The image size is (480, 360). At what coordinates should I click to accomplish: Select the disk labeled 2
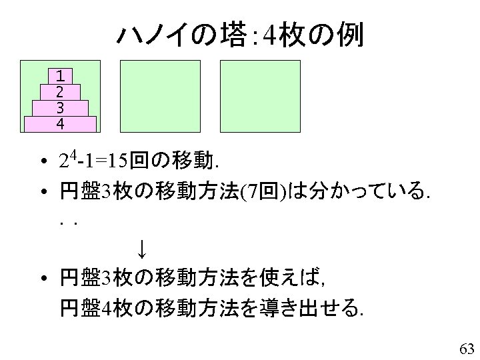(60, 91)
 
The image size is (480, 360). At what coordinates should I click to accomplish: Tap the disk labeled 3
(60, 108)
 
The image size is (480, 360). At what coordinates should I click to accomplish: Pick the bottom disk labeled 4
(60, 124)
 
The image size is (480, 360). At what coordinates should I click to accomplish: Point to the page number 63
(466, 348)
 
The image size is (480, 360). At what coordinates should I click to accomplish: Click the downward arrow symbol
(141, 250)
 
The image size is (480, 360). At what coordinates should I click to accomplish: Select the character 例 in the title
(349, 37)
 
